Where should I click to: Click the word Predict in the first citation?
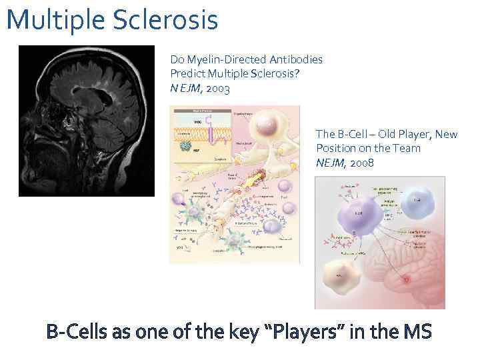(x=188, y=73)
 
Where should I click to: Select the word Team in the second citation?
(x=407, y=148)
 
